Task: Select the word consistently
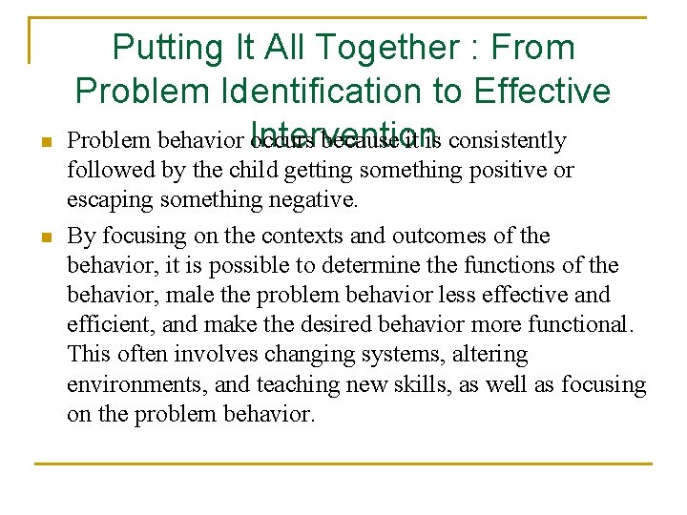[x=507, y=141]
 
